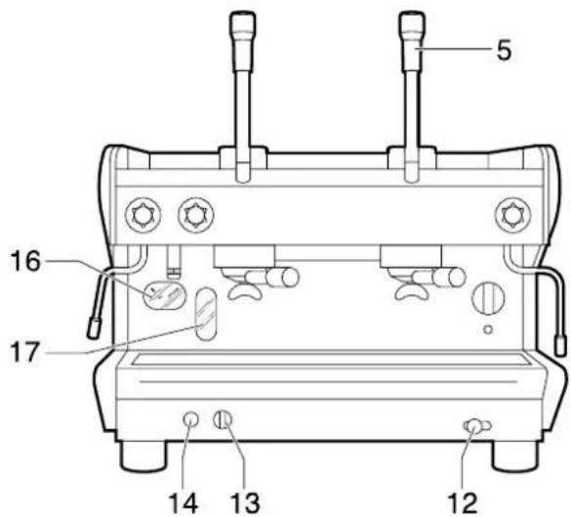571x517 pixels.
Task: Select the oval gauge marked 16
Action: point(160,294)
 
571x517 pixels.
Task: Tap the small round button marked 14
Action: point(191,420)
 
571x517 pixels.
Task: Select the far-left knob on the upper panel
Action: point(141,212)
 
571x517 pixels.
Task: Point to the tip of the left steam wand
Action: point(94,328)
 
